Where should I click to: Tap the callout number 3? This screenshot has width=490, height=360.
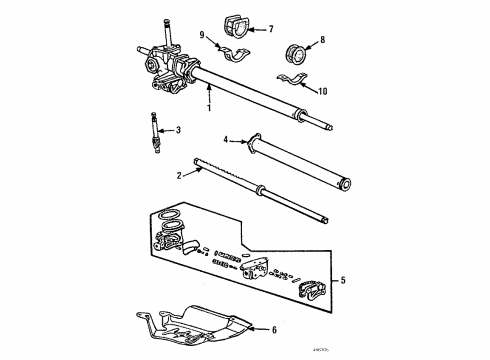click(178, 130)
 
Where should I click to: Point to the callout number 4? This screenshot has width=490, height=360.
click(227, 139)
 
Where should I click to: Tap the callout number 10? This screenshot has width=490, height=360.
click(323, 92)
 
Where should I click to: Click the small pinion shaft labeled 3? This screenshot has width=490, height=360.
click(155, 129)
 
